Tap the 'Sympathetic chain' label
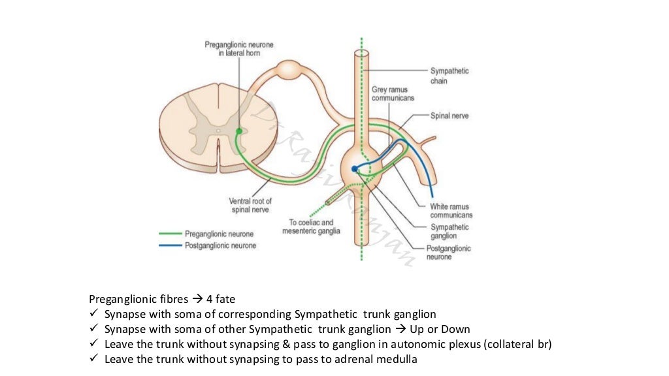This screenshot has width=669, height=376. (449, 76)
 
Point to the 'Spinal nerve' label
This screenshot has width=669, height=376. (449, 116)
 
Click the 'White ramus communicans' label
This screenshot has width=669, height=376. (451, 211)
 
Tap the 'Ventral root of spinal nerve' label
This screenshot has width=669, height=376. (250, 205)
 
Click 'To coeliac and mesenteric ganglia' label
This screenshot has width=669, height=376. (311, 227)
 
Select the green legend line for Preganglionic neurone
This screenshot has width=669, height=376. (171, 234)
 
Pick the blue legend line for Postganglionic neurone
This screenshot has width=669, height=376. (171, 245)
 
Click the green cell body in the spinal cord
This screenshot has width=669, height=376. (239, 131)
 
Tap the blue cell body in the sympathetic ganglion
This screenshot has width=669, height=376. (354, 168)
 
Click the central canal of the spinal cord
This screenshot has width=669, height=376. (218, 130)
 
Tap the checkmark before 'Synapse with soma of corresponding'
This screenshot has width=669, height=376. (93, 314)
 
